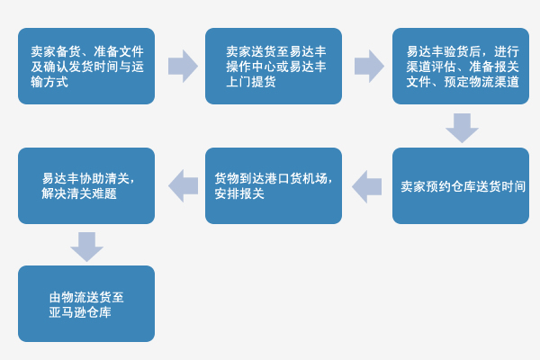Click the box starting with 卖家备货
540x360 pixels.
pyautogui.click(x=86, y=66)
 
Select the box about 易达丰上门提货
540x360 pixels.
pyautogui.click(x=274, y=66)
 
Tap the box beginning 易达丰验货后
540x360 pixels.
pyautogui.click(x=460, y=66)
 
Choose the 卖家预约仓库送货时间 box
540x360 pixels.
pyautogui.click(x=460, y=185)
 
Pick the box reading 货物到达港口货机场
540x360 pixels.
pyautogui.click(x=274, y=185)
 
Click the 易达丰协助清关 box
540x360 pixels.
pyautogui.click(x=86, y=185)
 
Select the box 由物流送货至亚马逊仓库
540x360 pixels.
pyautogui.click(x=86, y=304)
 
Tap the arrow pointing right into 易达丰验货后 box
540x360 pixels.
pyautogui.click(x=367, y=66)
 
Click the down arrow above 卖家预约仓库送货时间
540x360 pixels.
pyautogui.click(x=461, y=127)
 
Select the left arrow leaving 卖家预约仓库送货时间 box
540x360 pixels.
pyautogui.click(x=367, y=185)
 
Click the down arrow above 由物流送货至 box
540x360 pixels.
pyautogui.click(x=86, y=246)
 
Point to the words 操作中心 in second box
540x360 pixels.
pyautogui.click(x=251, y=67)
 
